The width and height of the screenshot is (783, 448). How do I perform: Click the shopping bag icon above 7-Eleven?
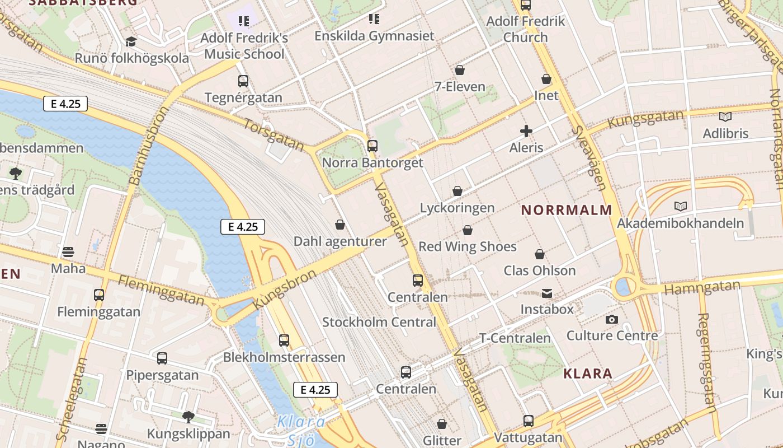460,71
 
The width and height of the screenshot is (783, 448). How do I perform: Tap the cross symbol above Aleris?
526,132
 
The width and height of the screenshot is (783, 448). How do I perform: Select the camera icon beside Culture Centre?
612,319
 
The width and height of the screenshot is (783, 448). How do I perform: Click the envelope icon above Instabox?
546,293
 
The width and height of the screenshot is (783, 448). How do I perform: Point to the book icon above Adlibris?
725,117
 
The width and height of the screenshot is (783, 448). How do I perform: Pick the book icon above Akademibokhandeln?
680,207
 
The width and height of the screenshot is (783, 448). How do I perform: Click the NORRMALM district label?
567,210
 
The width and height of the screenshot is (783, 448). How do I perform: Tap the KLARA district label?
587,374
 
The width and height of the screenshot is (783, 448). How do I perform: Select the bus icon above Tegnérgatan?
243,81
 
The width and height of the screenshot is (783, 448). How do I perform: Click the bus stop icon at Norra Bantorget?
372,146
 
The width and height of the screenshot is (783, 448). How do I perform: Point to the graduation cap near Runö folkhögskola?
131,42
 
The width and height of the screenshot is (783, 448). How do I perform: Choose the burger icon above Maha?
68,252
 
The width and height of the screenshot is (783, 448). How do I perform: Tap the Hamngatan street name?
702,288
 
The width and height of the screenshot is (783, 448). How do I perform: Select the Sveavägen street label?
589,158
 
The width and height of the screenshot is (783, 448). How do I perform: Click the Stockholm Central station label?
379,322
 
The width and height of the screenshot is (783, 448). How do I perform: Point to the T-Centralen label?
515,338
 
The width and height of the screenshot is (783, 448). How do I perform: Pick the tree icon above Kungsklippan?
188,417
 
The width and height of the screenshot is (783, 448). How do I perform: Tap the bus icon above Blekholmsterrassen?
284,340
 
